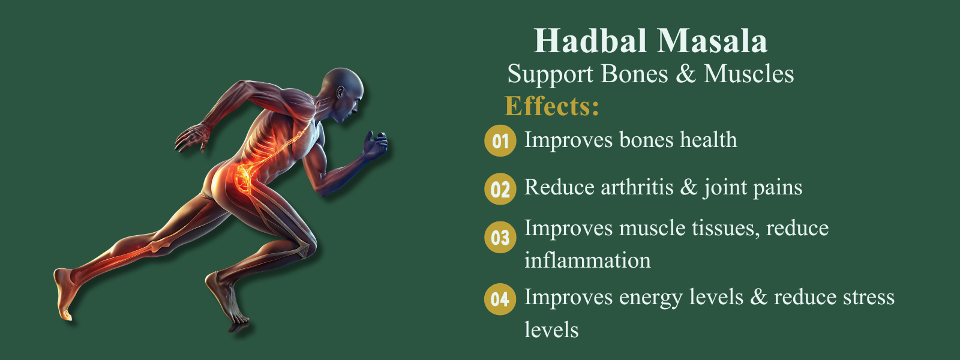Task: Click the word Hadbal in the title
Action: (590, 41)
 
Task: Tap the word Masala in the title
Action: (712, 41)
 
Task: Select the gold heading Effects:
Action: (551, 106)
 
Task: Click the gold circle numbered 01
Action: (500, 140)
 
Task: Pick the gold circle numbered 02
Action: (500, 189)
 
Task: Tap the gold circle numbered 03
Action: (500, 237)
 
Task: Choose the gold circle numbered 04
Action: (500, 299)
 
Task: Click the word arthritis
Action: (638, 187)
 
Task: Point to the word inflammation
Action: (587, 260)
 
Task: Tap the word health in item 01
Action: (709, 140)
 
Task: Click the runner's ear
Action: (340, 92)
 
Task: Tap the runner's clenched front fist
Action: (375, 145)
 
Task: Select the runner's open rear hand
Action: (193, 137)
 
